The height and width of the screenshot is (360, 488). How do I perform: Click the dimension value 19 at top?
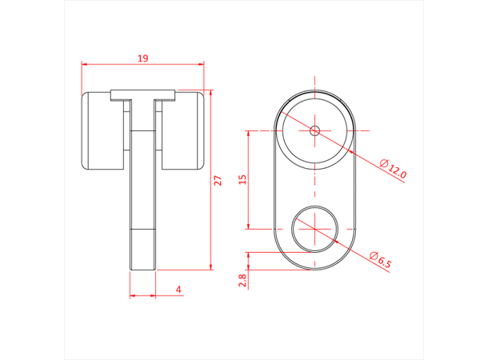pos(143,58)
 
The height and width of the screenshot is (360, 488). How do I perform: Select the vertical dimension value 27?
pos(216,181)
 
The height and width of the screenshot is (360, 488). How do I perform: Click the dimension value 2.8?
pos(243,279)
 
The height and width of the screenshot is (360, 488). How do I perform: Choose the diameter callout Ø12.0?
pos(394,170)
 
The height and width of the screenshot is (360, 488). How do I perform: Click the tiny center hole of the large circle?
pos(315,130)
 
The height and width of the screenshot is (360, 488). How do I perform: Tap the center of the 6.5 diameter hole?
pos(315,228)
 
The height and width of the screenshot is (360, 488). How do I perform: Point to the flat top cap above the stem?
pos(143,94)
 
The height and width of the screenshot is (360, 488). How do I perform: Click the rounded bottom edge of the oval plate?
pos(315,269)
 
